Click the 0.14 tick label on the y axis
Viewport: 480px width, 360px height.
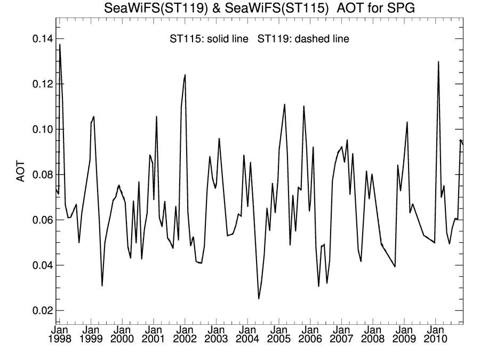(x=37, y=39)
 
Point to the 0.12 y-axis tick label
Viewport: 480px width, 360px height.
(x=37, y=85)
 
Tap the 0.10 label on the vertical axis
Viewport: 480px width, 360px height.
(x=37, y=130)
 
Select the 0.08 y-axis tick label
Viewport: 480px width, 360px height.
(x=37, y=175)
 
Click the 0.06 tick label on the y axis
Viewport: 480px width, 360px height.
(x=37, y=220)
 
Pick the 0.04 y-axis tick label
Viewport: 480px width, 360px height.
(x=37, y=266)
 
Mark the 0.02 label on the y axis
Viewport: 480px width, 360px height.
(x=37, y=311)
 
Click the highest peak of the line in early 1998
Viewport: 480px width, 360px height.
(x=60, y=45)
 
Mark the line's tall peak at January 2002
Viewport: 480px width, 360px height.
(x=185, y=75)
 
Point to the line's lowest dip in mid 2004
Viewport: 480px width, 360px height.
(x=259, y=298)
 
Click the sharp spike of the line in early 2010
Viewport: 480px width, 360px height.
(x=438, y=62)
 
